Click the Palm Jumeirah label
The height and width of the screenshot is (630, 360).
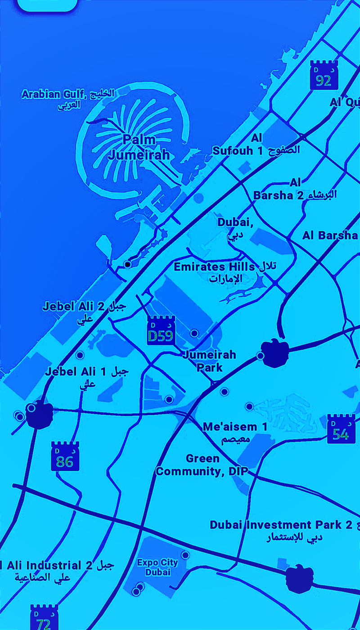tap(139, 147)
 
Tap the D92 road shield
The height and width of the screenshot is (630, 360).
tap(324, 76)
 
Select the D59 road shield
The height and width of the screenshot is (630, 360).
tap(161, 331)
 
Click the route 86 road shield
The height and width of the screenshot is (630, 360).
tap(65, 457)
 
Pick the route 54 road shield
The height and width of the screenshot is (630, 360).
tap(341, 429)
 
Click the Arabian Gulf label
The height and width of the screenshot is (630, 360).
tap(67, 99)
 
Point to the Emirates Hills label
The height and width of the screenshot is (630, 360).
tap(225, 272)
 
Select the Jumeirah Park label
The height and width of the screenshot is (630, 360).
tap(209, 361)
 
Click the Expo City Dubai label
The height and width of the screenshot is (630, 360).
tap(157, 567)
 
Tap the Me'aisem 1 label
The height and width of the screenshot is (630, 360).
tap(235, 432)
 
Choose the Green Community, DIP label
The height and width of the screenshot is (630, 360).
tap(202, 465)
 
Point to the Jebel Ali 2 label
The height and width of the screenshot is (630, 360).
tap(84, 312)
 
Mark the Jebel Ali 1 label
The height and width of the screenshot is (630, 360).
tap(86, 377)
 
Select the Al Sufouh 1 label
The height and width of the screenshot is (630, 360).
tap(256, 144)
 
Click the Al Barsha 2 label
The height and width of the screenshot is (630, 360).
tap(294, 189)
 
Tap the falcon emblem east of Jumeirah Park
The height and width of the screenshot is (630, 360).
tap(274, 353)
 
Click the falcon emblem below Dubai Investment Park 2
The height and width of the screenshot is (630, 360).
tap(300, 577)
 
